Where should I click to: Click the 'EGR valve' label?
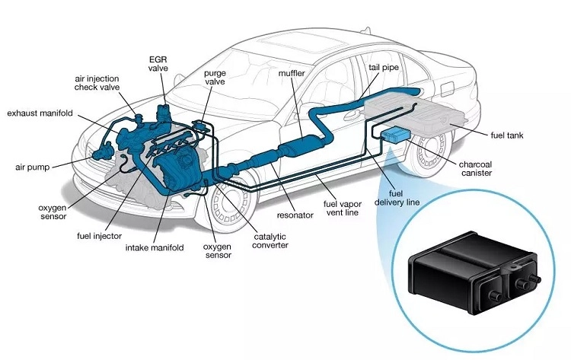point(158,63)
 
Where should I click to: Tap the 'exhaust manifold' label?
point(39,113)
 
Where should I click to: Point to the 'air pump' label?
point(34,166)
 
